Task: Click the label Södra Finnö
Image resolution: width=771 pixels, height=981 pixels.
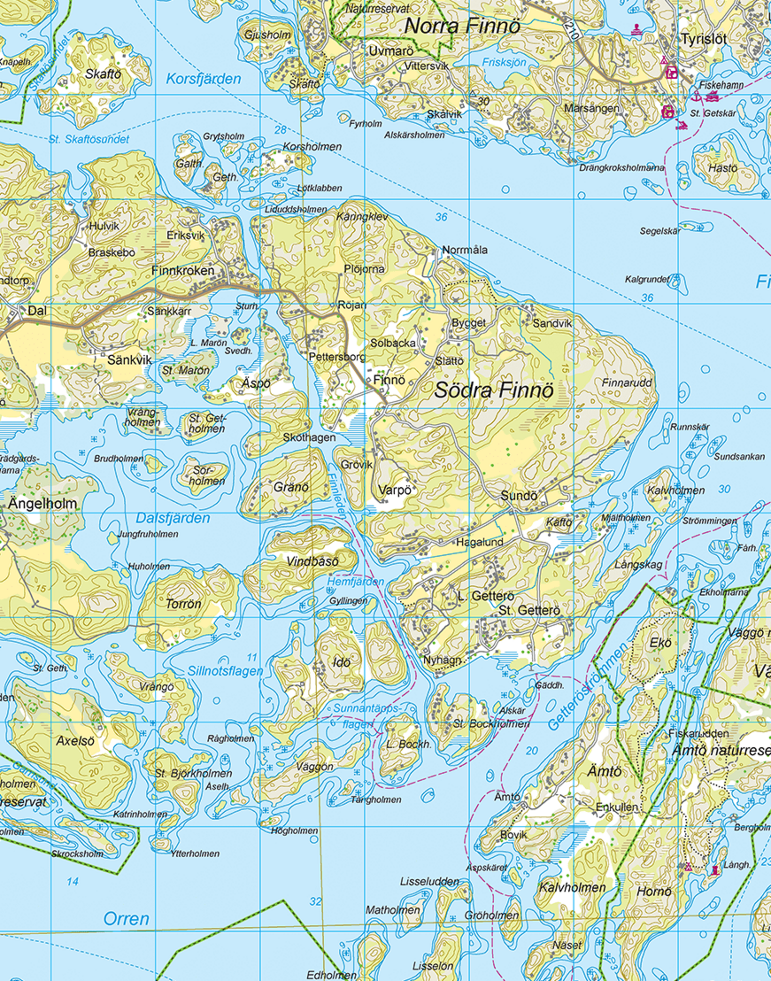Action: coord(493,391)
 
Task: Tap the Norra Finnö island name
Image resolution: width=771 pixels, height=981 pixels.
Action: coord(462,26)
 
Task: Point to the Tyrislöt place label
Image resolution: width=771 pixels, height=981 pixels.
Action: coord(704,39)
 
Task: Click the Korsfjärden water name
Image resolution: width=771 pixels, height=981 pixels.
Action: coord(203,79)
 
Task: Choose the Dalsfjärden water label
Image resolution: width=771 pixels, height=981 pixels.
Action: coord(173,518)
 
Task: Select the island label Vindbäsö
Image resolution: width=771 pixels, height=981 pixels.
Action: coord(312,561)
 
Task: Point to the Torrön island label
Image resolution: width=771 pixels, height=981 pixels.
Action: coord(183,604)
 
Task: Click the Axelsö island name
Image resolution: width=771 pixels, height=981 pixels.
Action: coord(76,741)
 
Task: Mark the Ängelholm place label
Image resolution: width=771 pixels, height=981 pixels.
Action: coord(42,503)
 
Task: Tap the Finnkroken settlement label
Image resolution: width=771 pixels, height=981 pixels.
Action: coord(183,271)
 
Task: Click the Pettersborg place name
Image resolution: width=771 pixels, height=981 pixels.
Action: coord(337,357)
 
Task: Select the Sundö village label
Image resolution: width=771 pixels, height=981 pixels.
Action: coord(519,496)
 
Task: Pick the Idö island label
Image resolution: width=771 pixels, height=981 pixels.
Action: coord(341,662)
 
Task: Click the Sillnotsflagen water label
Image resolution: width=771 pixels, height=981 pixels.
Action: coord(225,671)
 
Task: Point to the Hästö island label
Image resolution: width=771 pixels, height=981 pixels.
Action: coord(723,168)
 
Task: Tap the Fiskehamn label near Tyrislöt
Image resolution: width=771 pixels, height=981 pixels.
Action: coord(721,85)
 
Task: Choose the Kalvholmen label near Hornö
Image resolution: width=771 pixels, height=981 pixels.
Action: coord(573,888)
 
